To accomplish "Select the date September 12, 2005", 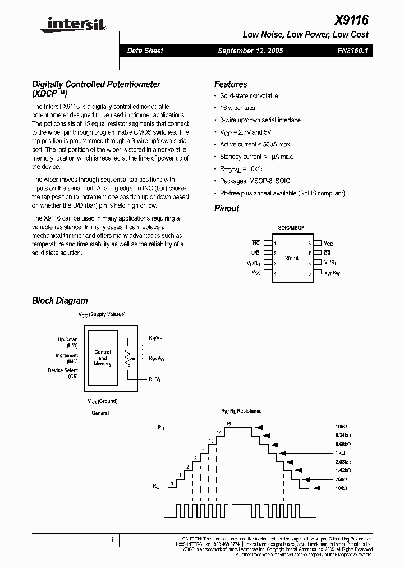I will pyautogui.click(x=250, y=51).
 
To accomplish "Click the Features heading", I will pyautogui.click(x=231, y=84).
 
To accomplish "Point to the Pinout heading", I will pyautogui.click(x=227, y=208).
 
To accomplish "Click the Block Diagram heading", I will pyautogui.click(x=60, y=301).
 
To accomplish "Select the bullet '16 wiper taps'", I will pyautogui.click(x=237, y=108).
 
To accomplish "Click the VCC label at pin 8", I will pyautogui.click(x=328, y=244).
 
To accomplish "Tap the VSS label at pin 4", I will pyautogui.click(x=256, y=272).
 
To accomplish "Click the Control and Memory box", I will pyautogui.click(x=103, y=358).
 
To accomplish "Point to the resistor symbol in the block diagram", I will pyautogui.click(x=128, y=358).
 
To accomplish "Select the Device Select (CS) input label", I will pyautogui.click(x=63, y=373).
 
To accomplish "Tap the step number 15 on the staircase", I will pyautogui.click(x=228, y=424).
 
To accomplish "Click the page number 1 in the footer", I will pyautogui.click(x=113, y=539).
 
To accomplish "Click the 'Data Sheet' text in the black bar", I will pyautogui.click(x=145, y=51).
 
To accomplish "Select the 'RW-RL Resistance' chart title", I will pyautogui.click(x=241, y=411).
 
